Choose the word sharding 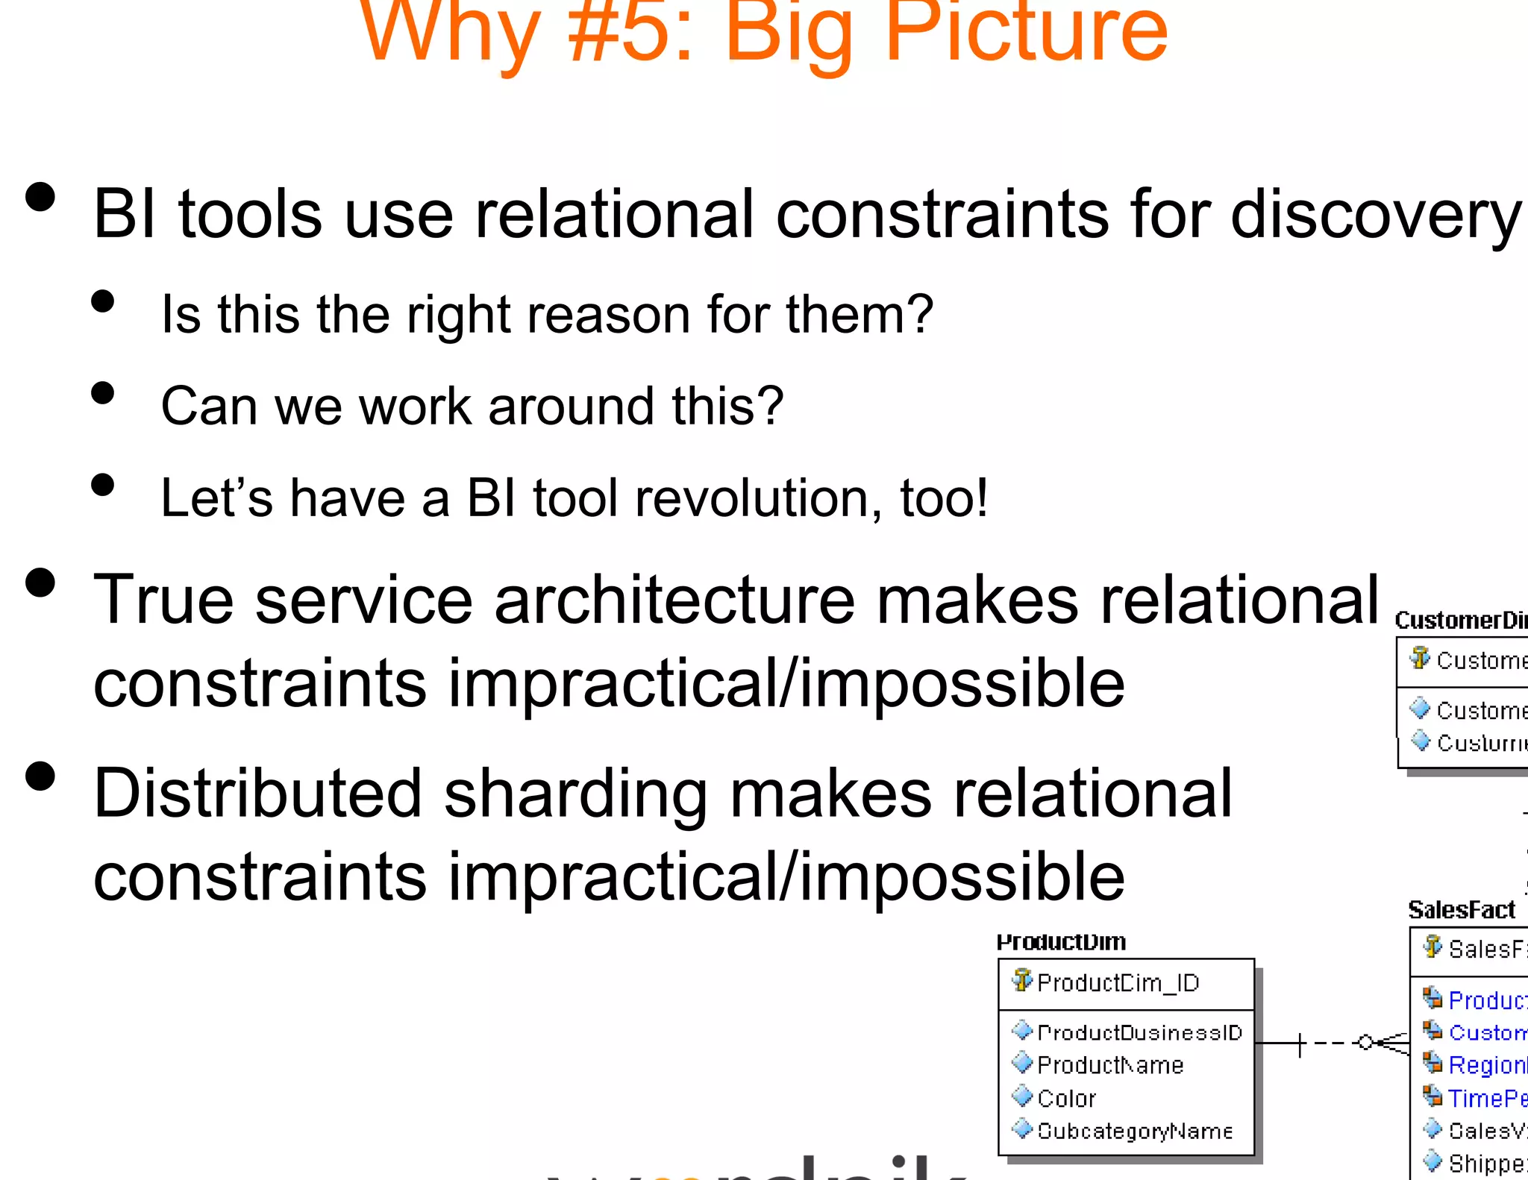[575, 794]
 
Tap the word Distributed [257, 794]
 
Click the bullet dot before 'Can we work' [103, 393]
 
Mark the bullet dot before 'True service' [40, 583]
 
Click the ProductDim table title [1061, 942]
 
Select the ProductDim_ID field [1118, 983]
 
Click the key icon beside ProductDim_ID [1022, 980]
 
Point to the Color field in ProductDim [1066, 1099]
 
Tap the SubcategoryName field [1134, 1132]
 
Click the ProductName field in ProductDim [1110, 1065]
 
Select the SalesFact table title [1461, 910]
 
